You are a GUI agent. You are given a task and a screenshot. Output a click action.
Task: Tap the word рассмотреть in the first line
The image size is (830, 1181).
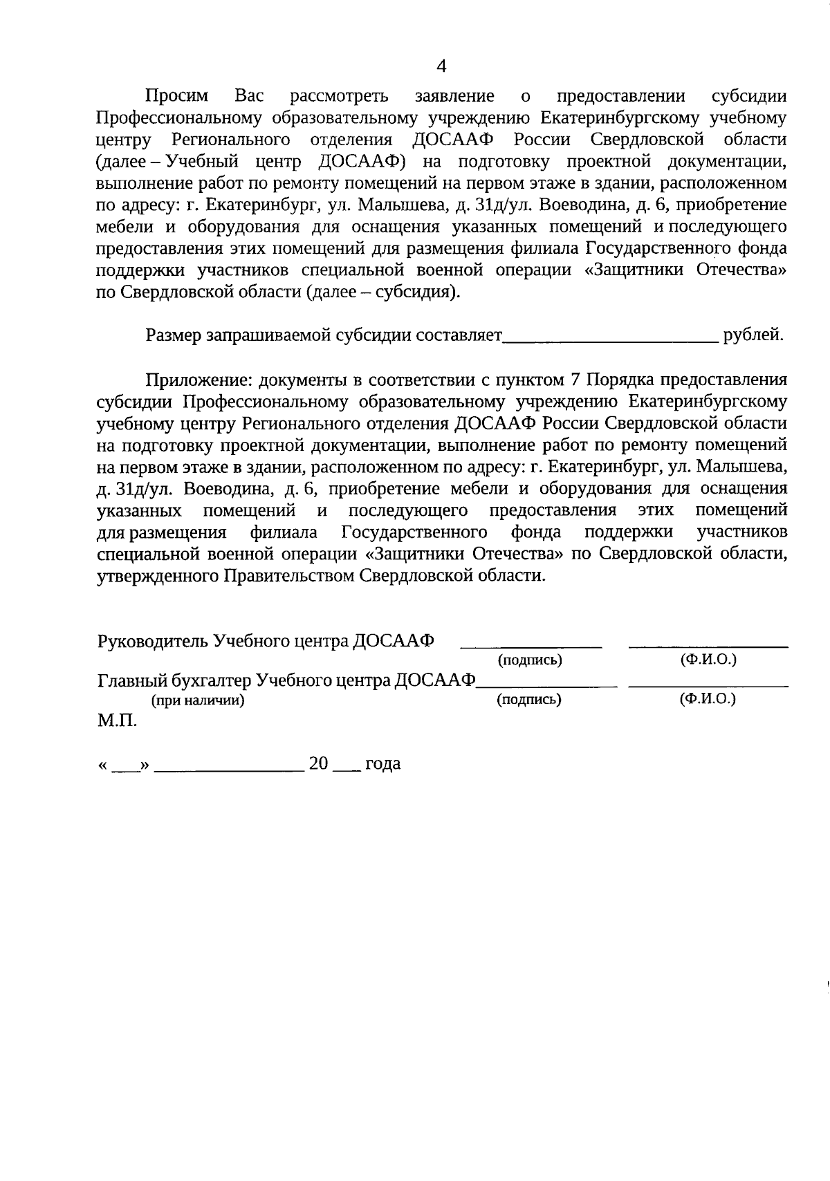tap(340, 96)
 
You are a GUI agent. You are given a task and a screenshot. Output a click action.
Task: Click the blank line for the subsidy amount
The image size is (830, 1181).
tap(611, 339)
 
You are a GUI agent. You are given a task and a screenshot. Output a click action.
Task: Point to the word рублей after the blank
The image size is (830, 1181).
tap(753, 336)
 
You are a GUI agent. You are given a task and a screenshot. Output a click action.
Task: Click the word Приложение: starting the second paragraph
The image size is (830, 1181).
tap(191, 380)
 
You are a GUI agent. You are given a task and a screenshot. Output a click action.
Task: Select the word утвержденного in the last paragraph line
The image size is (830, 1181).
tap(158, 576)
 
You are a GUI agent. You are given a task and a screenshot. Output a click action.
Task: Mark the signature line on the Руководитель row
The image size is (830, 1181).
tap(531, 646)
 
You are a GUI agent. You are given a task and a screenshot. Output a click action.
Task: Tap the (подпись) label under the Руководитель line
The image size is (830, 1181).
tap(530, 660)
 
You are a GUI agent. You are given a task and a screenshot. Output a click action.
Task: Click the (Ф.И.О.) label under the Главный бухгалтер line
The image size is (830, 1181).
tap(708, 699)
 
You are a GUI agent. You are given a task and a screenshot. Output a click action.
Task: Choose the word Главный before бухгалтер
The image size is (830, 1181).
tap(129, 681)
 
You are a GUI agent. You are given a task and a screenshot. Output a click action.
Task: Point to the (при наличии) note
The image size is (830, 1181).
tap(198, 700)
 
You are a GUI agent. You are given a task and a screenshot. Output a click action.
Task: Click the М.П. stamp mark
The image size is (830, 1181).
tap(117, 721)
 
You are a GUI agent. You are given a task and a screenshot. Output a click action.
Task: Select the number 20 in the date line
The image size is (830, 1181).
tap(318, 764)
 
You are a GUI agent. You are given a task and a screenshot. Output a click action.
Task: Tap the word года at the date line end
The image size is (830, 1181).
tap(382, 764)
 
